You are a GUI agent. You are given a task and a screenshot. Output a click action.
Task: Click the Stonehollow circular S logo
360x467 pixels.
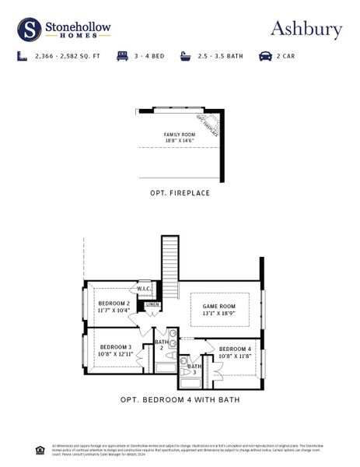click(x=30, y=30)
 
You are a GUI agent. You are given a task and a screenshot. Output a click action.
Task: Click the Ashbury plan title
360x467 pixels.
click(x=306, y=30)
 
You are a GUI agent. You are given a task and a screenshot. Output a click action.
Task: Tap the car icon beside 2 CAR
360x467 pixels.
click(x=265, y=57)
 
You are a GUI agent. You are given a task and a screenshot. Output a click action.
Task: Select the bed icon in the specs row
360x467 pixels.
click(x=121, y=57)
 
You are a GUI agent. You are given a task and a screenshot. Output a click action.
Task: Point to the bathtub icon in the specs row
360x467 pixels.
click(x=185, y=57)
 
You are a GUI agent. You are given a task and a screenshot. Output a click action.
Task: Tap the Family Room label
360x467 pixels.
click(x=180, y=135)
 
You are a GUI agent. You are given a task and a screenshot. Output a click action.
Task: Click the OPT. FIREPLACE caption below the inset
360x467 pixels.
click(x=180, y=192)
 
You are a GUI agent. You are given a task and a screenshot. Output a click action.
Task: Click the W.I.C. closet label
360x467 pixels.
click(x=145, y=290)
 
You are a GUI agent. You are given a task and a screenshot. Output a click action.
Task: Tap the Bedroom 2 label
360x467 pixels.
click(x=114, y=304)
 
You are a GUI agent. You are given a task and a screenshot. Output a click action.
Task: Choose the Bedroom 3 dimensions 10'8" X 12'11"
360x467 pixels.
click(x=115, y=353)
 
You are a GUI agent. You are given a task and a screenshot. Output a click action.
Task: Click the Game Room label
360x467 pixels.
click(x=218, y=307)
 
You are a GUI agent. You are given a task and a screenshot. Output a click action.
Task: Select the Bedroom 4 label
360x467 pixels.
click(x=235, y=349)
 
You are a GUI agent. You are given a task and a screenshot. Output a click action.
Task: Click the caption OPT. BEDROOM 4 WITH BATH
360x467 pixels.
click(x=180, y=399)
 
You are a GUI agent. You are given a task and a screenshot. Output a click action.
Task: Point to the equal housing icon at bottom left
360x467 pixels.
click(x=40, y=449)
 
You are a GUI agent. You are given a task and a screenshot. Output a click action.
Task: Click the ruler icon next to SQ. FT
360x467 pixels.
click(x=22, y=57)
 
